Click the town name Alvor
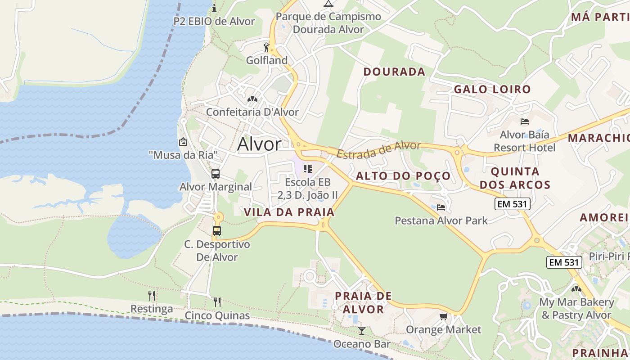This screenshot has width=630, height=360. tap(259, 144)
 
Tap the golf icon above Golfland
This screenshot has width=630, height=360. tap(266, 47)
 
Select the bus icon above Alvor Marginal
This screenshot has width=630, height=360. tap(216, 173)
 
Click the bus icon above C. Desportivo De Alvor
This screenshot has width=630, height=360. tap(217, 231)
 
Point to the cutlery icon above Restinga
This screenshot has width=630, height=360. tap(152, 296)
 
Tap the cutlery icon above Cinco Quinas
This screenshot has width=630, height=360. tap(217, 301)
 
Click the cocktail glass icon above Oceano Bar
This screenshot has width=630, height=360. tap(362, 331)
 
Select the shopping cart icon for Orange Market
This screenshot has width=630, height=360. tap(444, 317)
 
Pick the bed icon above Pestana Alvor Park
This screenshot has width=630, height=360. tap(441, 207)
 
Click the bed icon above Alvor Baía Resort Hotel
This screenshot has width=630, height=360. tap(524, 121)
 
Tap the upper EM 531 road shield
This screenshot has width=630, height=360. tap(513, 204)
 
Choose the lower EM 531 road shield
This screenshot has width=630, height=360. tap(564, 262)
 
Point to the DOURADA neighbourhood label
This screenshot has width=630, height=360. tap(394, 72)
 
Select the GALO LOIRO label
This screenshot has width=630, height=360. tap(492, 89)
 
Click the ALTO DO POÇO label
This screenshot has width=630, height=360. tap(403, 176)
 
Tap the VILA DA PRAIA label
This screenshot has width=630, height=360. tap(289, 212)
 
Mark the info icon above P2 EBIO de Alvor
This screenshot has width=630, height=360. tap(214, 8)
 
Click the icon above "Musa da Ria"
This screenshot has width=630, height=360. tap(183, 142)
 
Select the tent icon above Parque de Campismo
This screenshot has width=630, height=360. tap(328, 4)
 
